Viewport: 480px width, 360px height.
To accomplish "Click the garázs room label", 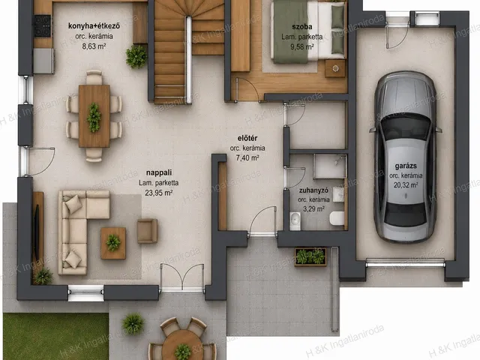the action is tap(406, 166).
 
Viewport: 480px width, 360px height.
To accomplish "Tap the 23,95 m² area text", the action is tap(158, 193).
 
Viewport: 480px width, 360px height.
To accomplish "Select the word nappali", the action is tap(159, 172).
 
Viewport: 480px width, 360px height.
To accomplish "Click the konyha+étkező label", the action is tap(94, 25).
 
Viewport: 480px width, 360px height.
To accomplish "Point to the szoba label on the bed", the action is tap(302, 27).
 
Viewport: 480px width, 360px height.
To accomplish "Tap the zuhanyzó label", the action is tap(313, 190).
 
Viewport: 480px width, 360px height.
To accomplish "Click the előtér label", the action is tap(247, 138).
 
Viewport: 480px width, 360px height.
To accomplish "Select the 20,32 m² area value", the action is tap(406, 185).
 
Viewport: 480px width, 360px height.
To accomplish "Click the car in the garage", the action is tap(405, 157).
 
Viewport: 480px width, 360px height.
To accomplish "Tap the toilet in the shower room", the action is tap(337, 218).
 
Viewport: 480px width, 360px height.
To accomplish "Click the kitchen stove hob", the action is tap(43, 26).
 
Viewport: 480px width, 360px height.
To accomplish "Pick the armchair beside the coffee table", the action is tap(147, 231).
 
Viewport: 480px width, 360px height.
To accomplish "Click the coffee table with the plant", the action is tap(113, 243).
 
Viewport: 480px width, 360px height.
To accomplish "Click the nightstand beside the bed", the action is tap(335, 68).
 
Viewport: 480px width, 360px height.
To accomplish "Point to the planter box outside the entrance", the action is tap(310, 256).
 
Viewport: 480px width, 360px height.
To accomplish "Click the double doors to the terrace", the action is tap(182, 277).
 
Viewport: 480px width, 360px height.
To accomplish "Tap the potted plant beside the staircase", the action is tap(136, 57).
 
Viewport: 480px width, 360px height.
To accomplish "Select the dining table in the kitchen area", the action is tap(94, 116).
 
